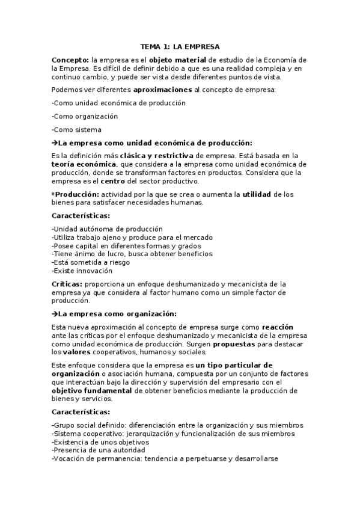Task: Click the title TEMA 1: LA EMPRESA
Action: (180, 46)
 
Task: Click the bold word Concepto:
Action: (70, 61)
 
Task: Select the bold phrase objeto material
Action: (178, 61)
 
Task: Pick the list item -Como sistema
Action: (76, 129)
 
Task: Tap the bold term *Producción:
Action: (75, 194)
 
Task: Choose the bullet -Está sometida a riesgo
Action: (90, 262)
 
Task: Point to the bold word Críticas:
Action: (67, 284)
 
